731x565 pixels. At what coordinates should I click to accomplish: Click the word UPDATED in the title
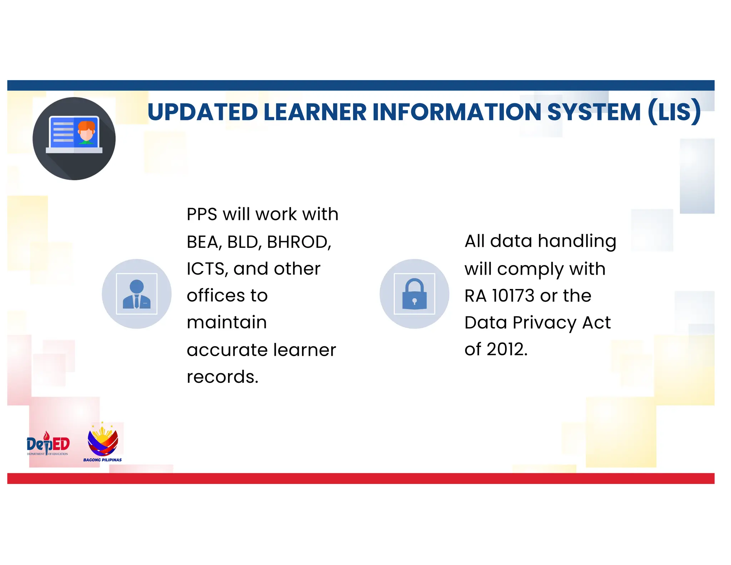click(x=202, y=112)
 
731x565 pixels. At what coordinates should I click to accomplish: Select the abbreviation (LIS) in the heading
click(x=674, y=112)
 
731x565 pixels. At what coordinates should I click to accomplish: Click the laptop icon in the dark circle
click(x=74, y=135)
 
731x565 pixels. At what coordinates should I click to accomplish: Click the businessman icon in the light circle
click(x=137, y=294)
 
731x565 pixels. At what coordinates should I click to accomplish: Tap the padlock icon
click(x=414, y=294)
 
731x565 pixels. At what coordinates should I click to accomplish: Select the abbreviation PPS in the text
click(x=202, y=214)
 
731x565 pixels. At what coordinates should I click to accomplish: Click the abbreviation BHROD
click(x=299, y=242)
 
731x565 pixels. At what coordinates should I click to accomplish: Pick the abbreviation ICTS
click(x=207, y=269)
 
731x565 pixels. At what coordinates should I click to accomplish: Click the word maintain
click(x=227, y=322)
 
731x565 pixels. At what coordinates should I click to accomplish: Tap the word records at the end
click(x=222, y=377)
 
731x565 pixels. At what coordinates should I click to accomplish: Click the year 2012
click(x=507, y=349)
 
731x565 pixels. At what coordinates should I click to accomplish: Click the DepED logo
click(x=48, y=444)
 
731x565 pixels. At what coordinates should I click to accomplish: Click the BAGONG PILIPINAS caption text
click(x=102, y=460)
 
